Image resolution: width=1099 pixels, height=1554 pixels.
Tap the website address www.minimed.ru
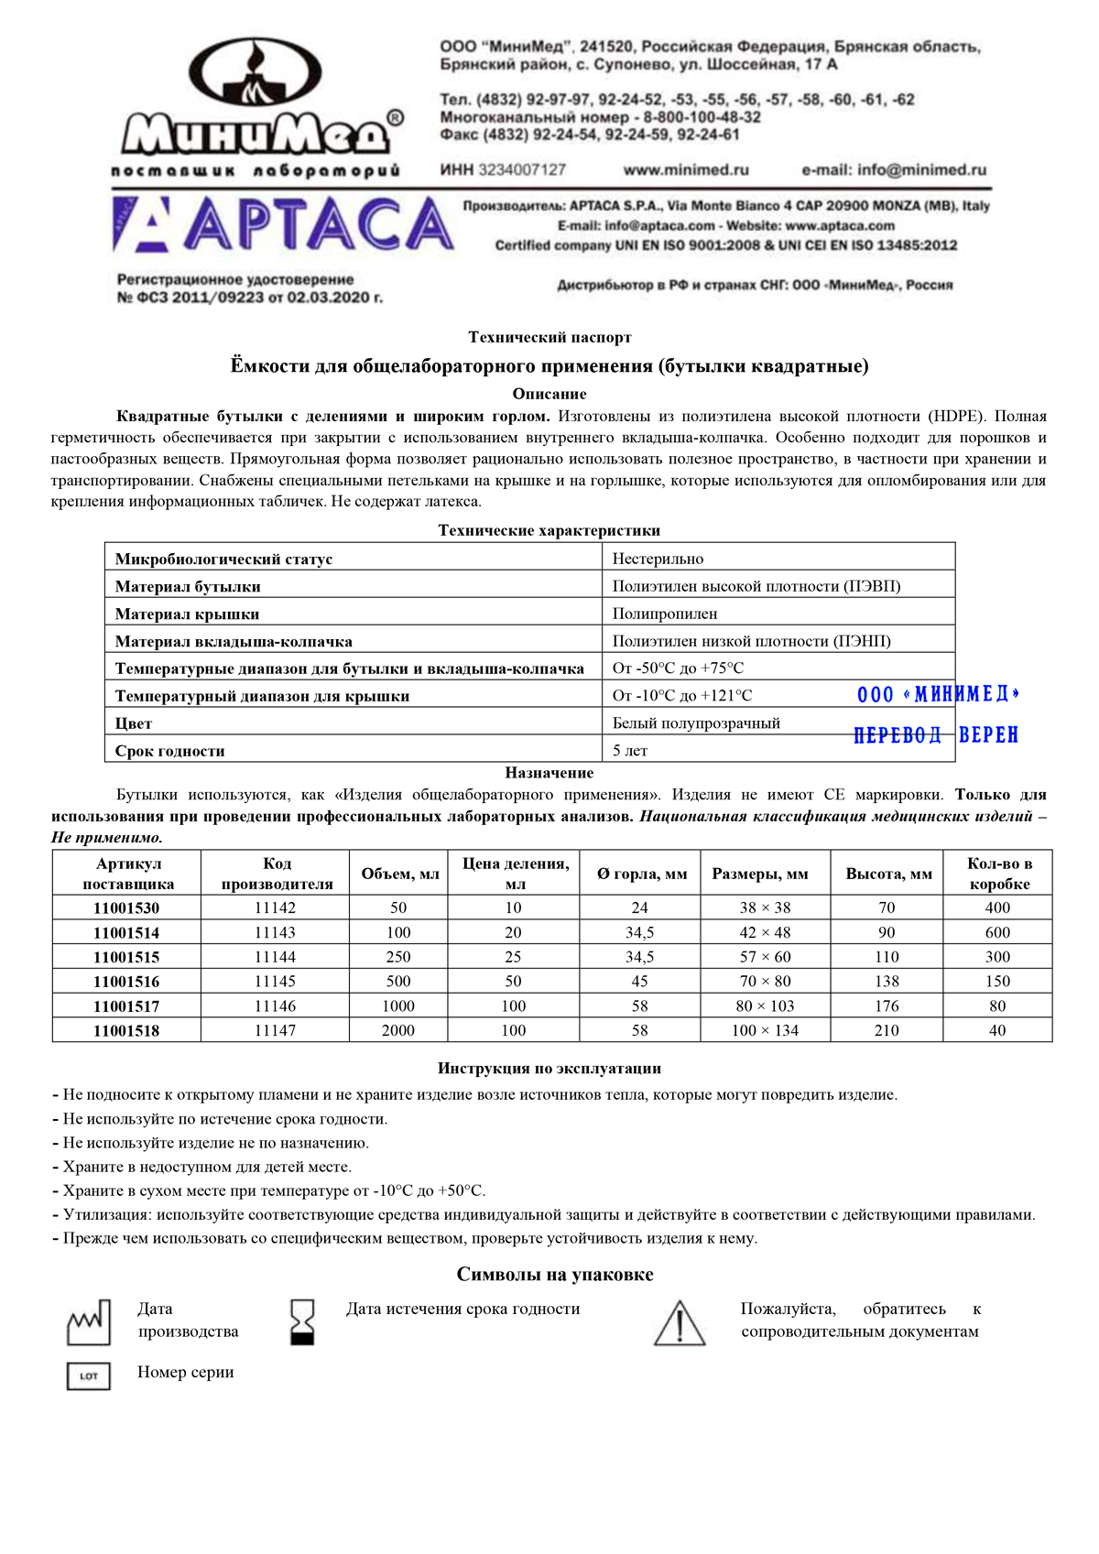tap(686, 169)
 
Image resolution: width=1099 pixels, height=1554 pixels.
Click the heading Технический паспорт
tap(549, 337)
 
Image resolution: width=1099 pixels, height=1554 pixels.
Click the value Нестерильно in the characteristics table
tap(658, 559)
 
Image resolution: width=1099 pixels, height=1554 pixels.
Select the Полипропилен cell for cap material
tap(665, 614)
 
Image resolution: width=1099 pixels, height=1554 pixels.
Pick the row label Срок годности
tap(170, 751)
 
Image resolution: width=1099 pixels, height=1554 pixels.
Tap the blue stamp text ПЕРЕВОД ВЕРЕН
tap(935, 735)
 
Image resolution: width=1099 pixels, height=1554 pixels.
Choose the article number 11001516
tap(126, 982)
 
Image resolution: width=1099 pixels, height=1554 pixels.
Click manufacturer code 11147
tap(275, 1030)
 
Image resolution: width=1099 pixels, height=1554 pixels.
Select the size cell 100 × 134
tap(765, 1030)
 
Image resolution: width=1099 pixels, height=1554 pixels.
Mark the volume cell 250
tap(398, 957)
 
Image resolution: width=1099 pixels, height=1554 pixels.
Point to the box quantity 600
tap(997, 932)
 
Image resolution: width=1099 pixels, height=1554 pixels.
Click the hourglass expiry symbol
tap(301, 1321)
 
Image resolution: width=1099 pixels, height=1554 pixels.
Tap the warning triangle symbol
tap(680, 1323)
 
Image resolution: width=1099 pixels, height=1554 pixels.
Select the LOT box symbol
tap(89, 1375)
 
